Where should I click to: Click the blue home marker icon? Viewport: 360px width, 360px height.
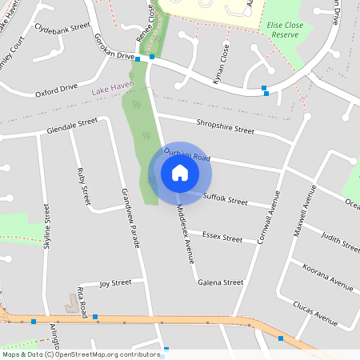tap(180, 172)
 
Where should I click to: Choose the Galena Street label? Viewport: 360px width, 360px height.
tap(220, 282)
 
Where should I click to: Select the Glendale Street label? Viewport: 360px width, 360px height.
tap(72, 126)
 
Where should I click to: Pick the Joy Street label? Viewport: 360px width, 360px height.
tap(115, 283)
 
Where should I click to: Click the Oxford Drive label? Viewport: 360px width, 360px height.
tap(56, 90)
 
